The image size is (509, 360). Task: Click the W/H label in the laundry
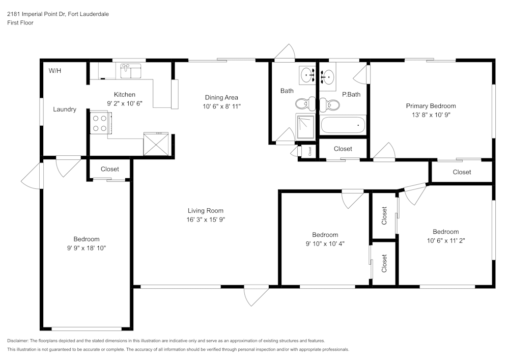(55, 71)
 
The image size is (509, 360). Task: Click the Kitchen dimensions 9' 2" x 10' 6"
(125, 103)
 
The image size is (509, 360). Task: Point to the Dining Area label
(221, 97)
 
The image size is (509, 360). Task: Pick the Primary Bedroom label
(431, 106)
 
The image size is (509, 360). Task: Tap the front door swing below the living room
(256, 296)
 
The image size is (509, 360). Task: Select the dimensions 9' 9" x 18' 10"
(86, 248)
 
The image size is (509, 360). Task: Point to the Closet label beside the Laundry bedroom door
(110, 169)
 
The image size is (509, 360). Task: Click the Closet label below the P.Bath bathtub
(343, 149)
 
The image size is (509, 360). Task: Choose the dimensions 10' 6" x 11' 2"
(445, 240)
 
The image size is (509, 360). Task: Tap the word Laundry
(65, 109)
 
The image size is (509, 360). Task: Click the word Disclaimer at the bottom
(18, 341)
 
